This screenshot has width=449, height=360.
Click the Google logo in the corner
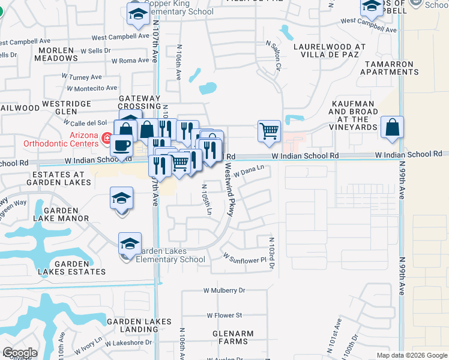click(x=20, y=353)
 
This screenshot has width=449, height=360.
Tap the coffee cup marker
click(x=122, y=146)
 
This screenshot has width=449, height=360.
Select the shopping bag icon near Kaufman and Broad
click(x=392, y=127)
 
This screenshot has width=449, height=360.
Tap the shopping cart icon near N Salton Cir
click(x=269, y=130)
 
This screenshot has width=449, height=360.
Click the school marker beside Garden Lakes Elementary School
click(x=130, y=244)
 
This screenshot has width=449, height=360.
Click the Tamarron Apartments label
click(x=390, y=68)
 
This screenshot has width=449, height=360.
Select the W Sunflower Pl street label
click(x=244, y=259)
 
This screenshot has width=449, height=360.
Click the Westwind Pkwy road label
click(x=228, y=191)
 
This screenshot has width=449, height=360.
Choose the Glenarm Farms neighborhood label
click(x=232, y=337)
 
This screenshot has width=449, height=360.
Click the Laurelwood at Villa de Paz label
click(x=329, y=50)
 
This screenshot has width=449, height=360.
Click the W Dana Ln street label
click(x=249, y=172)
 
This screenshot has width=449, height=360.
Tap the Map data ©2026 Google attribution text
click(x=412, y=355)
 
